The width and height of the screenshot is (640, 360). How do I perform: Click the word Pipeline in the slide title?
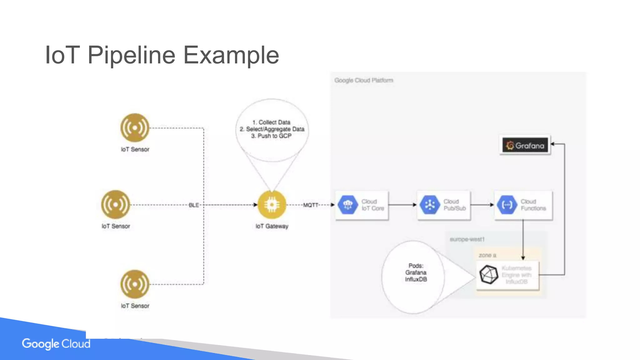pos(131,55)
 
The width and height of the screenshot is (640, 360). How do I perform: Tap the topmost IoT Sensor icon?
pos(135,128)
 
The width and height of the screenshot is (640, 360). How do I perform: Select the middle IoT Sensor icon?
pos(115,205)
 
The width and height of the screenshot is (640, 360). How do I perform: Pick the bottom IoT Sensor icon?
pos(135,284)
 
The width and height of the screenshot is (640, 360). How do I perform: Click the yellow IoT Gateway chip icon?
pos(272,205)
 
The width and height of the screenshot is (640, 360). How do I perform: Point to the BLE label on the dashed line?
pos(194,205)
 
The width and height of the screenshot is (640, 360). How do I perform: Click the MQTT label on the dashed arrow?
pos(311,205)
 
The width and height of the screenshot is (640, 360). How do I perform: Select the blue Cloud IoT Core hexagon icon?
pos(348,205)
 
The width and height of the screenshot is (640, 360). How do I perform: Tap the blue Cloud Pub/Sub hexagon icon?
pos(430,205)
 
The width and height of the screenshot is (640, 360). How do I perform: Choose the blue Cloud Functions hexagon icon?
pos(507,205)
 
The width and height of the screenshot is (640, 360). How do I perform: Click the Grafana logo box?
pos(525,145)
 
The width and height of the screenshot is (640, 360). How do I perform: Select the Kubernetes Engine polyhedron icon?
pos(489,275)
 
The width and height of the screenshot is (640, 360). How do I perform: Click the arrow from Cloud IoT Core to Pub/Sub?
pos(402,205)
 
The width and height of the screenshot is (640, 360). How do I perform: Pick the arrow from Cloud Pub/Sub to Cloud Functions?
pos(482,205)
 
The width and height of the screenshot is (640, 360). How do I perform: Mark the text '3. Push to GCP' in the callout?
pos(271,136)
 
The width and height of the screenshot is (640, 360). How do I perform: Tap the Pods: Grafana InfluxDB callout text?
pos(416,272)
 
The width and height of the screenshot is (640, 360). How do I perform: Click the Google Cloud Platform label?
pos(363,80)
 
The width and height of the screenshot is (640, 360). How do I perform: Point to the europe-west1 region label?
pos(467,239)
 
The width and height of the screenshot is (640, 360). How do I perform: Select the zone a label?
pos(487,255)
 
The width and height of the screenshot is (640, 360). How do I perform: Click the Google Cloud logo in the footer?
pos(56,344)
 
